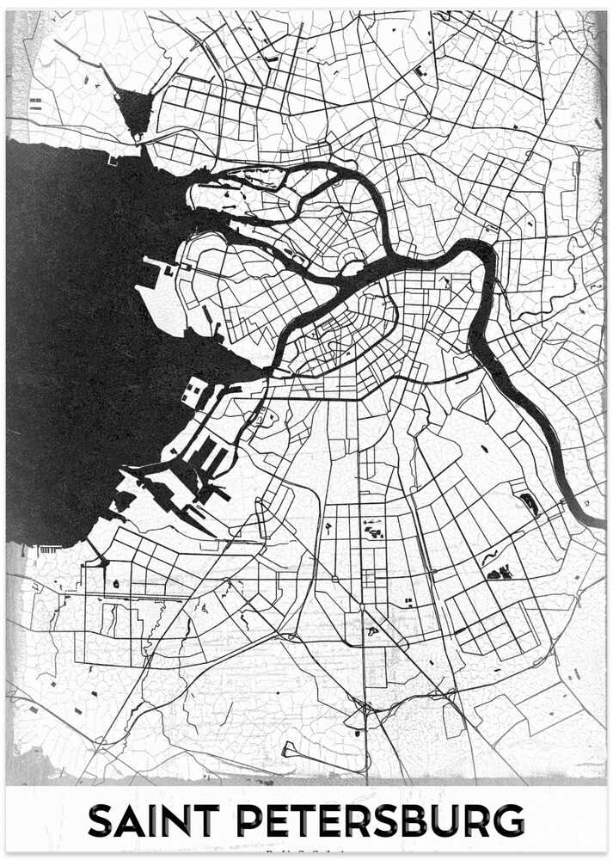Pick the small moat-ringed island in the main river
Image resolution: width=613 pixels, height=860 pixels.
[x=355, y=269]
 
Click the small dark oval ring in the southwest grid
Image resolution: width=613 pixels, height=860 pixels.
[x=115, y=584]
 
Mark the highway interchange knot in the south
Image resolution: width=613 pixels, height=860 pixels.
[x=366, y=709]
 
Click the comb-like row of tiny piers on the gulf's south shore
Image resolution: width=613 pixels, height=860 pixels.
[x=49, y=549]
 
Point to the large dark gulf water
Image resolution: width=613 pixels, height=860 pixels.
[x=77, y=344]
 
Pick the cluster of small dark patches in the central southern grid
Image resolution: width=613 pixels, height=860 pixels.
[x=373, y=529]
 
